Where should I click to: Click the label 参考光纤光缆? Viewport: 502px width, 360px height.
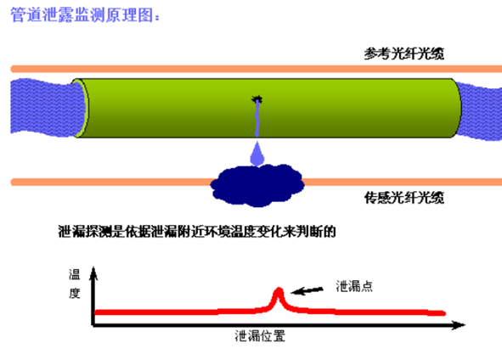[x=404, y=53]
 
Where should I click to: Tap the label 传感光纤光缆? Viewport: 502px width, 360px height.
[x=404, y=198]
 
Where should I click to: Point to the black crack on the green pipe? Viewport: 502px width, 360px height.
[x=257, y=99]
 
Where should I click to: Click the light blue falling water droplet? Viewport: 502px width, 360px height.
[x=257, y=155]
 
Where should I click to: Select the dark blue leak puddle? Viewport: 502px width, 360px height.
[x=257, y=185]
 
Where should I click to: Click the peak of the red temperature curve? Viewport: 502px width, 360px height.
[x=279, y=290]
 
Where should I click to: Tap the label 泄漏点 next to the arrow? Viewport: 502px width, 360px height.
[x=354, y=286]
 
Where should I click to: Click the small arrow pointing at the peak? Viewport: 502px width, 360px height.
[x=307, y=290]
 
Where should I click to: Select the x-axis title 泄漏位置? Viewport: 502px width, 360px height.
[x=260, y=336]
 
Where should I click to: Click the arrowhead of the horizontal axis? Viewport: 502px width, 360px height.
[x=459, y=325]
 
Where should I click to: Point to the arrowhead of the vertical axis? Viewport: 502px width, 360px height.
[x=93, y=273]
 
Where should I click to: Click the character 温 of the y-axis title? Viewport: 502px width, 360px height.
[x=74, y=274]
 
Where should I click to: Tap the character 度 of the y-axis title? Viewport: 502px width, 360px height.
[x=74, y=293]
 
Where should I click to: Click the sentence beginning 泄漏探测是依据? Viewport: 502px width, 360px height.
[x=196, y=231]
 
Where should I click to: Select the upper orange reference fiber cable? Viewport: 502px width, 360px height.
[x=257, y=69]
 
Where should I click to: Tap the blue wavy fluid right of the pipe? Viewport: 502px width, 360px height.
[x=480, y=110]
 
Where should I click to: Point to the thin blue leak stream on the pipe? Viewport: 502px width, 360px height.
[x=257, y=119]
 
